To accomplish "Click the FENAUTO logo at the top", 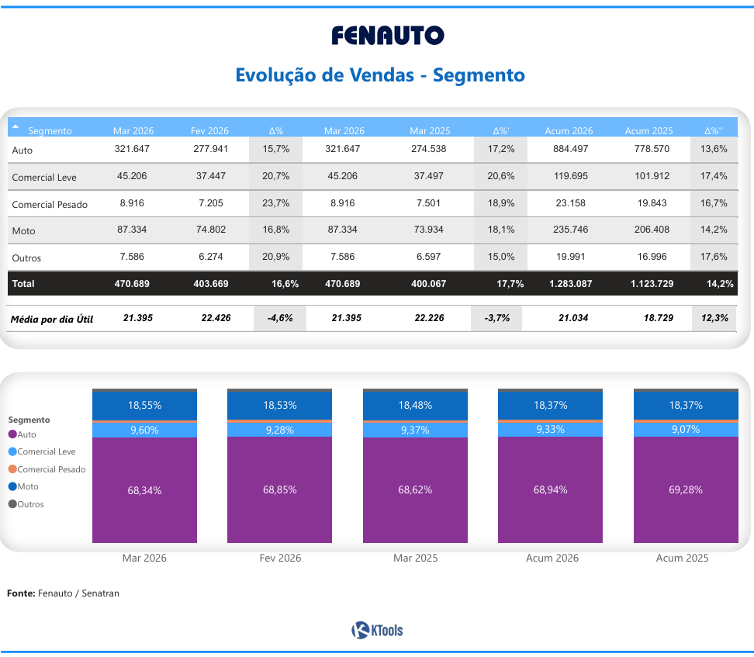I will point(387,35).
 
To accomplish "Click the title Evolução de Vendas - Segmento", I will point(379,75).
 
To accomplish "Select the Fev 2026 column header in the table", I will point(209,130).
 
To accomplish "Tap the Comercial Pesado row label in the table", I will point(50,205).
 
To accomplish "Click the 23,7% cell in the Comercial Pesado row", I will point(276,203).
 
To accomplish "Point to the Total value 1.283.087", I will point(570,284).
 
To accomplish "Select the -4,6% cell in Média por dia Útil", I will point(280,318).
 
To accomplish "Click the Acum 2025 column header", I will point(649,130).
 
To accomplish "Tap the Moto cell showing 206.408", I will point(650,230).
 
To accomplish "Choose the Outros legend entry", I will point(30,504).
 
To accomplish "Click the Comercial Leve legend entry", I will point(46,451).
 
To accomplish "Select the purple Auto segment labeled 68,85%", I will point(279,490).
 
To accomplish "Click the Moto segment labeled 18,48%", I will point(415,405).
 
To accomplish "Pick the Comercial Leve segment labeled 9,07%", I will point(685,429).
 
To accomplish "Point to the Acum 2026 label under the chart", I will point(550,558).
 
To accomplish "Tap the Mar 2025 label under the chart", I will point(415,558).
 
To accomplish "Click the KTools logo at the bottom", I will point(377,631).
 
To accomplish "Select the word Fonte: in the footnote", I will point(21,593).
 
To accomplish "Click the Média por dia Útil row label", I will point(51,319).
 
